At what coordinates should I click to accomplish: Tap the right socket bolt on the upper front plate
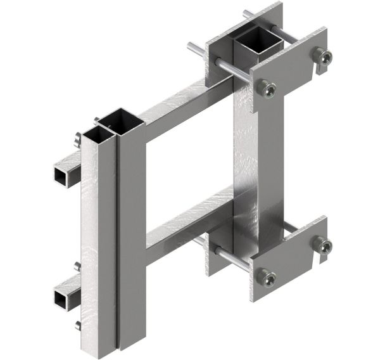323,59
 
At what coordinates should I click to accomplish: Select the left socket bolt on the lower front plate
267,277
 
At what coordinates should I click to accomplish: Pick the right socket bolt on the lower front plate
323,248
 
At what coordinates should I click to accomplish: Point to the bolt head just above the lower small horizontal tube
77,266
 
